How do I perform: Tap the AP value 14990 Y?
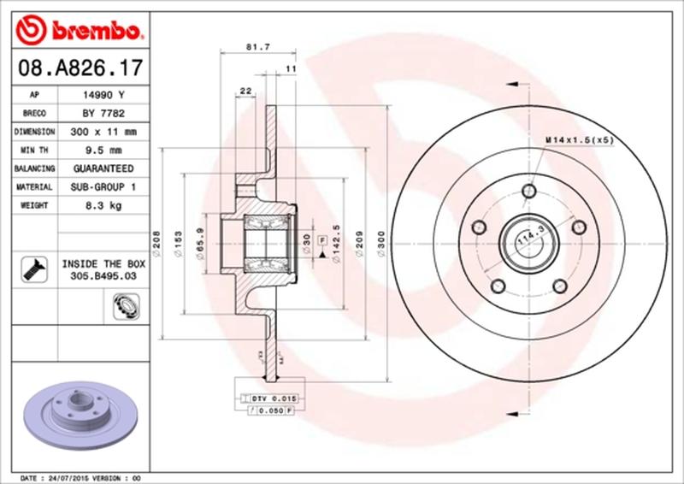pos(98,96)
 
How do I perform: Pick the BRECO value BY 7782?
pos(98,114)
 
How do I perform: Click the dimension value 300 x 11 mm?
pos(98,133)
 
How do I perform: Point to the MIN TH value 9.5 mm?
pos(98,151)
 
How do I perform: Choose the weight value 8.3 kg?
pos(98,205)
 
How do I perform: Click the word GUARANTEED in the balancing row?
pos(98,168)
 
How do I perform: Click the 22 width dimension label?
pos(245,91)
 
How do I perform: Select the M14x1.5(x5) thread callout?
pos(579,139)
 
